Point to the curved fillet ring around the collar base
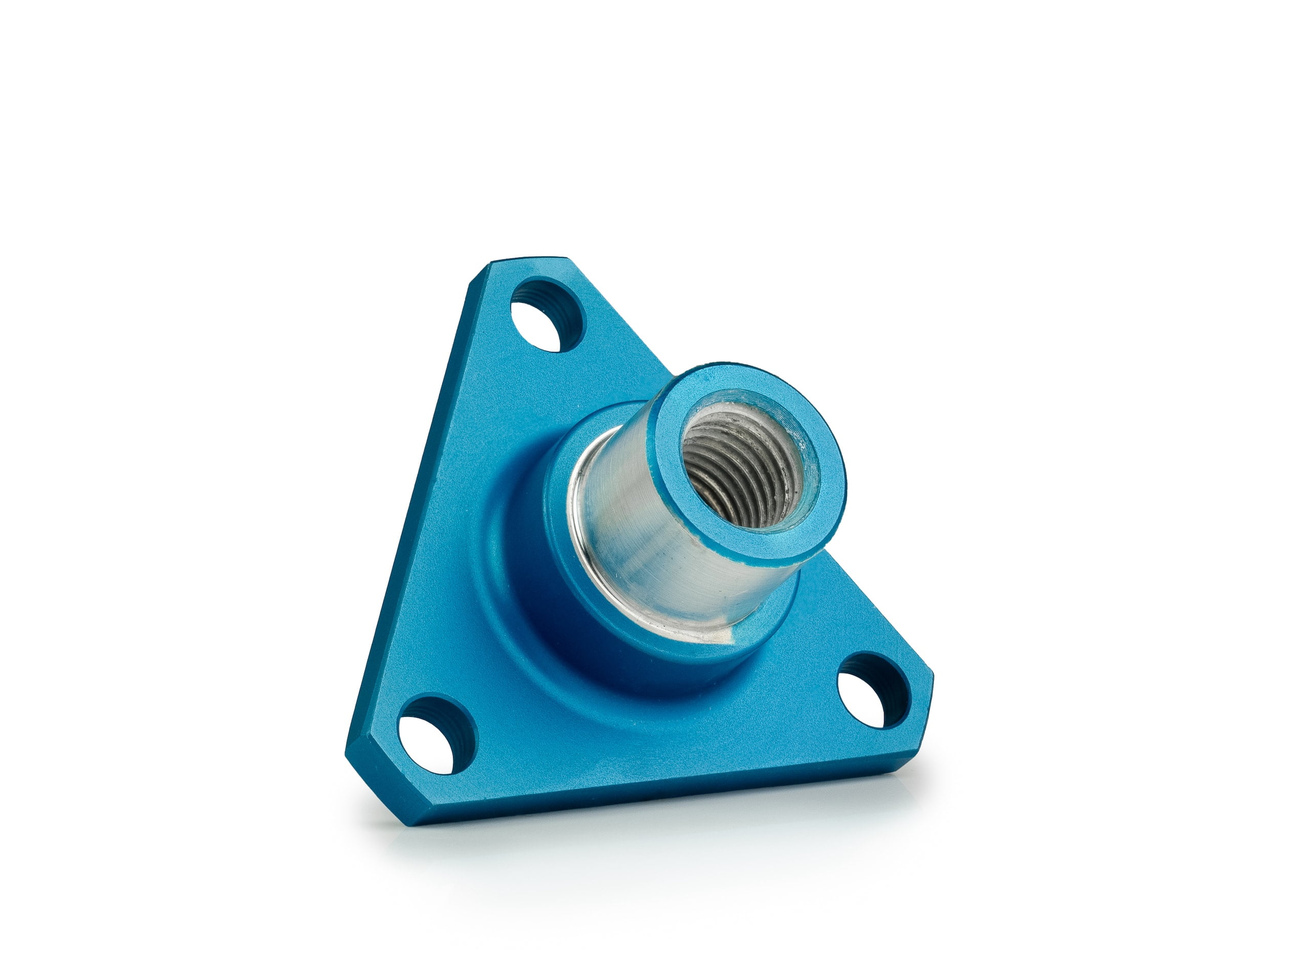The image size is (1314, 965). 503,619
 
